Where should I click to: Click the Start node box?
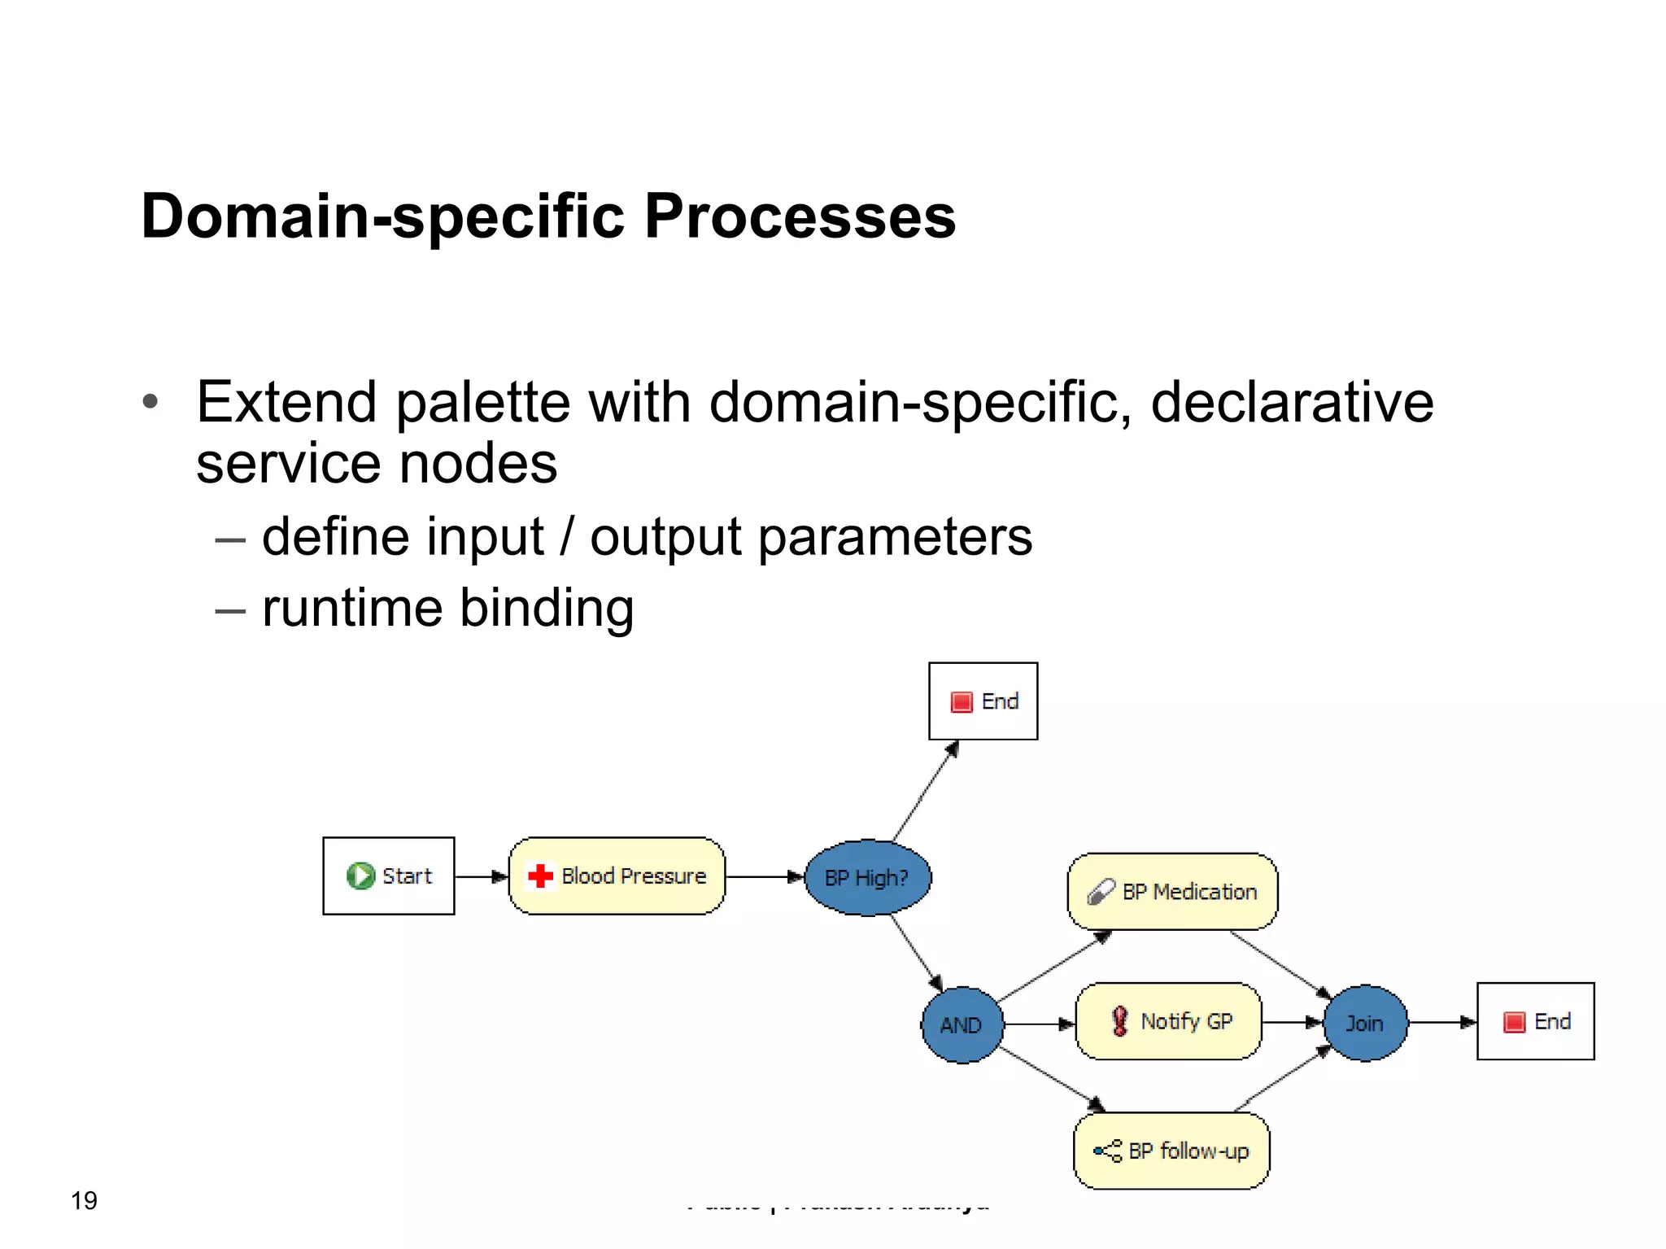coord(388,876)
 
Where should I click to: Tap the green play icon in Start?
coord(360,876)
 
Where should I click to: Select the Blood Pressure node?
coord(617,876)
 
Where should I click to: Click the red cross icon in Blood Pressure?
coord(540,876)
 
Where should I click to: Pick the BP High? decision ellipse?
coord(867,877)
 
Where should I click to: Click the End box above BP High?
coord(983,701)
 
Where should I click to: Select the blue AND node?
coord(962,1024)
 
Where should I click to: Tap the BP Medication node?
coord(1172,891)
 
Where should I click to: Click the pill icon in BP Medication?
coord(1101,892)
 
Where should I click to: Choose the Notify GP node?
coord(1168,1021)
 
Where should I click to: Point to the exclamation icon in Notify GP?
coord(1120,1021)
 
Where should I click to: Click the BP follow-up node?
coord(1171,1151)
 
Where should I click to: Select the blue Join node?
coord(1365,1023)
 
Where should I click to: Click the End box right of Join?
coord(1535,1021)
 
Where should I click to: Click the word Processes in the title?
coord(800,216)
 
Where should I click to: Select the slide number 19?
coord(84,1200)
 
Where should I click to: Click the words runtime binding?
coord(447,608)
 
